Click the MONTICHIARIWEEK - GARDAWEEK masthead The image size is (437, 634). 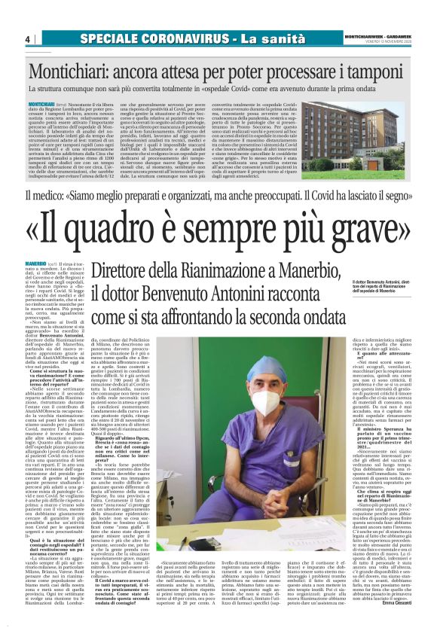(375, 35)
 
